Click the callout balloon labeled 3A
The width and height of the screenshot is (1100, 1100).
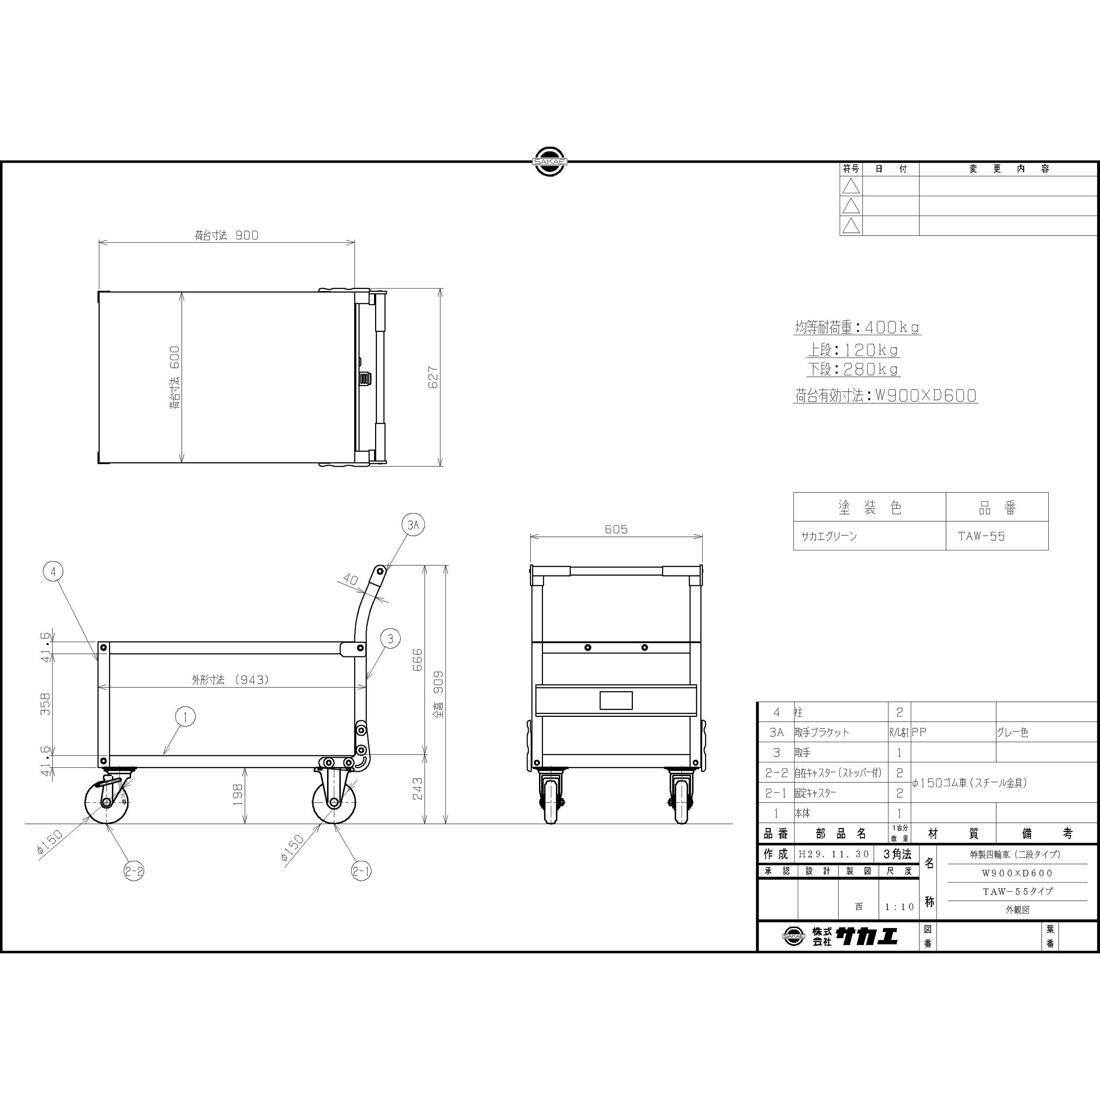(x=413, y=524)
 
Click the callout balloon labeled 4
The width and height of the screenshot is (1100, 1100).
(x=53, y=571)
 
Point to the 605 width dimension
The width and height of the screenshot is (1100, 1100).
(x=616, y=529)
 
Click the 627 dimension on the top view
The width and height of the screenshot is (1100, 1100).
(x=433, y=377)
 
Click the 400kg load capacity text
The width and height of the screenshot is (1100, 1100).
(x=892, y=327)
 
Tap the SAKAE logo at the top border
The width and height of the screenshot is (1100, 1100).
(x=550, y=162)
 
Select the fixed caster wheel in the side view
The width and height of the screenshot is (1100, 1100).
(x=334, y=802)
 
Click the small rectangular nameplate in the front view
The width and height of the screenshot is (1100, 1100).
(x=616, y=700)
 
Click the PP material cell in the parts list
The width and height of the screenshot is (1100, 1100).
(x=919, y=732)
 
